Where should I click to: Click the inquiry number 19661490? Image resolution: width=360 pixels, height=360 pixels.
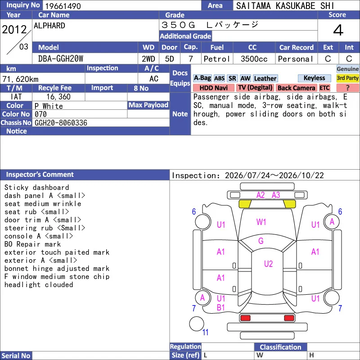(63, 6)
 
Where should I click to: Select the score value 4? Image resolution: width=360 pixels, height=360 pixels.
(338, 30)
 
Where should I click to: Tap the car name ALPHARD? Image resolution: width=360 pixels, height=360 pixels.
(49, 26)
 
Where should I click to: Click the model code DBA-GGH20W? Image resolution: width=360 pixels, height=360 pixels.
(61, 59)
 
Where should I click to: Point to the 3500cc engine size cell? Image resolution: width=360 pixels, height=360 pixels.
(254, 59)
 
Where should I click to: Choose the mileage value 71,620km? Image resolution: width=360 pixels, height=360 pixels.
(20, 79)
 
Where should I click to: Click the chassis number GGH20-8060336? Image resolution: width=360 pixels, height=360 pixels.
(61, 123)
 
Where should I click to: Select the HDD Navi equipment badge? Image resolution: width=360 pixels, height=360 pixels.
(213, 88)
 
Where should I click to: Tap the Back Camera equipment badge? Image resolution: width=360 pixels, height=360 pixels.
(296, 88)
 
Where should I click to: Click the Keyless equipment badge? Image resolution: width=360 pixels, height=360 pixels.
(314, 78)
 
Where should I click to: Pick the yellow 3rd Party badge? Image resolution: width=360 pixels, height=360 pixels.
(347, 78)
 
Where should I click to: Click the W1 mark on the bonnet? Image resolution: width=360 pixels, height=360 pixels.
(261, 222)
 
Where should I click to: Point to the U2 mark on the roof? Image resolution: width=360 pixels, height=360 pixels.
(268, 264)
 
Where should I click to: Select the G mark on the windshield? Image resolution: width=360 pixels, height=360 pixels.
(261, 241)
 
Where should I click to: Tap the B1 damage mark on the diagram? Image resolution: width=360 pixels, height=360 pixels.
(220, 307)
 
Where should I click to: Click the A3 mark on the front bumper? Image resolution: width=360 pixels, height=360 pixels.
(276, 195)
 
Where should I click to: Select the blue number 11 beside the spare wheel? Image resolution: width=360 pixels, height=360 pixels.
(205, 332)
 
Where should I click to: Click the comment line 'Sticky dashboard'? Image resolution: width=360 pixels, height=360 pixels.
(37, 187)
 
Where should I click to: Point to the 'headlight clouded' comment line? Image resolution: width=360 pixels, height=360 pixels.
(39, 285)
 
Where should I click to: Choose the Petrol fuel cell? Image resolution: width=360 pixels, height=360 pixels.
(217, 59)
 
